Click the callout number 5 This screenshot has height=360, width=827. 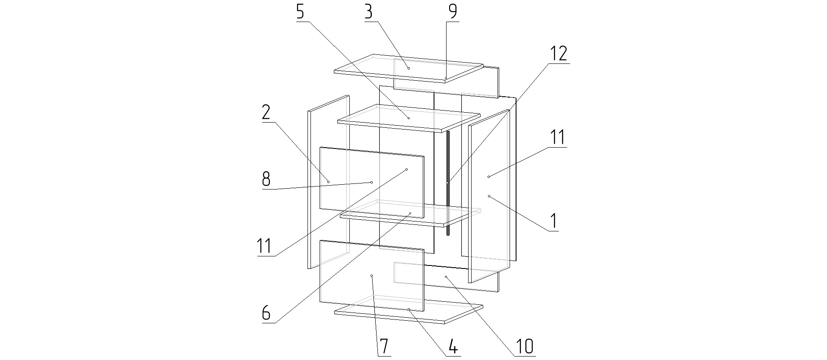(300, 12)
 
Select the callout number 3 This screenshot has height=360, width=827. (368, 12)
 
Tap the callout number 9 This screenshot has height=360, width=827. (452, 12)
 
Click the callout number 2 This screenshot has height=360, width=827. (266, 112)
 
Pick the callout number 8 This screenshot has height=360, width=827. (266, 179)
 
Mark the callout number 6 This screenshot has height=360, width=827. (266, 313)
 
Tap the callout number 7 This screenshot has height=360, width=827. (384, 346)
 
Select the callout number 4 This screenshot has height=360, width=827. (452, 346)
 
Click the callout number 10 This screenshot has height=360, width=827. (524, 346)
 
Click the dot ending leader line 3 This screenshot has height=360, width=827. (409, 68)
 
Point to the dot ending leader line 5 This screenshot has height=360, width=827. (409, 118)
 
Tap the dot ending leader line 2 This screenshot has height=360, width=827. (328, 182)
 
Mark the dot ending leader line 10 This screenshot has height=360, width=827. (446, 276)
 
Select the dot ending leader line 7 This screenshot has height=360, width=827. (371, 275)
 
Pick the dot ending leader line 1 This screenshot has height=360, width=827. (489, 196)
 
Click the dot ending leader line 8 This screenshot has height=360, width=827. (371, 182)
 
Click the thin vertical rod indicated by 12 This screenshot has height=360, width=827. (448, 183)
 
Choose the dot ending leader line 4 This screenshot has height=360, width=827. (409, 309)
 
